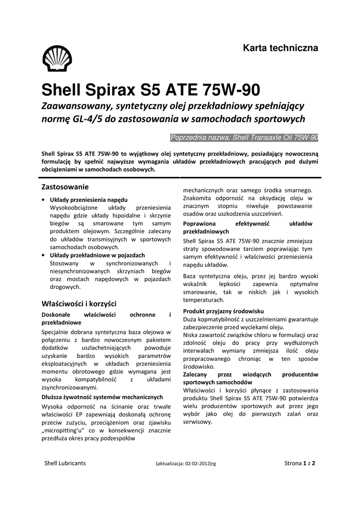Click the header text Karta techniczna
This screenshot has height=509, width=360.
280,48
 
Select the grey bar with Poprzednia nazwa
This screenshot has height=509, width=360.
244,137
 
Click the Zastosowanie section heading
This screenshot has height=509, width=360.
65,187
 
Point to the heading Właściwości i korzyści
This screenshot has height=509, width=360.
79,303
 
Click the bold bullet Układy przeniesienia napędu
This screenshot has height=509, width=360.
89,199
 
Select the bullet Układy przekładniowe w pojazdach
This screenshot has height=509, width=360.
97,255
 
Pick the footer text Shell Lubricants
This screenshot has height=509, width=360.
65,463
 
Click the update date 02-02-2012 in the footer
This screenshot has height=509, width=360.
195,464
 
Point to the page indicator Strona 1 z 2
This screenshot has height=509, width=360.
300,463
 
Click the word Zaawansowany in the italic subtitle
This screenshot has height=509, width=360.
76,106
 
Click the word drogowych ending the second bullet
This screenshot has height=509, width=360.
65,287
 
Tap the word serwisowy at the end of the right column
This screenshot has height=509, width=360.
197,422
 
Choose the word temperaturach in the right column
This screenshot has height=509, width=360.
204,300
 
